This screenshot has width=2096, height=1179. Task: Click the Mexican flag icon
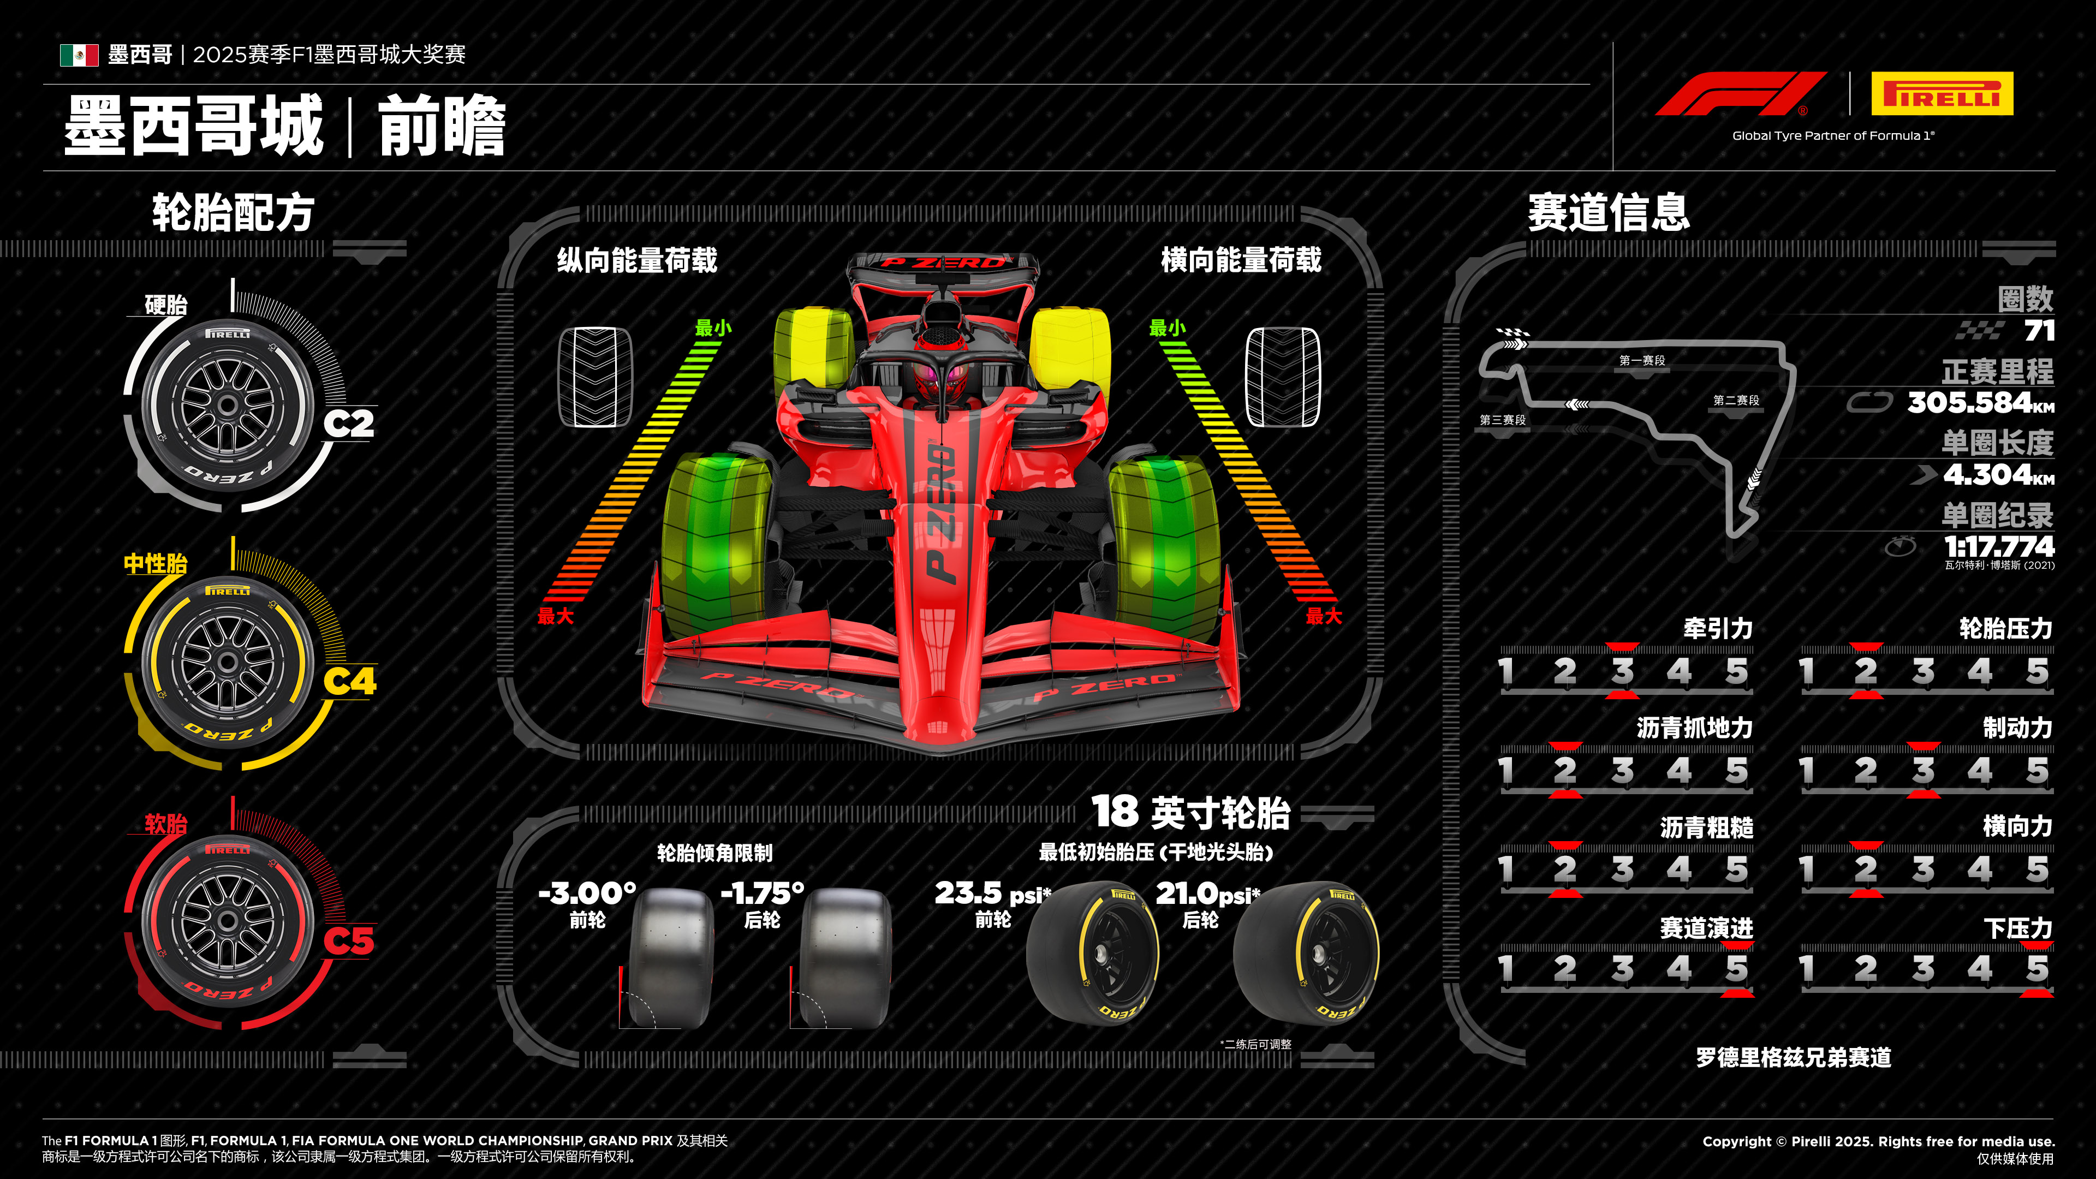[79, 55]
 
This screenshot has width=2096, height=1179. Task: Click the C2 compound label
[349, 423]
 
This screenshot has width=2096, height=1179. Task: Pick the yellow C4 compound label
[350, 681]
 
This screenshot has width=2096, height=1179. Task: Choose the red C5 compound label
[349, 940]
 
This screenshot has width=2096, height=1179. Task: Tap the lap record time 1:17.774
[1998, 545]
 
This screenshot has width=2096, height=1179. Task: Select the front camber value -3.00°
[587, 894]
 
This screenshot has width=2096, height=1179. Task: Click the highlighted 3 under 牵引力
[1622, 671]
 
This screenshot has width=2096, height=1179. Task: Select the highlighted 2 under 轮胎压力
[1866, 671]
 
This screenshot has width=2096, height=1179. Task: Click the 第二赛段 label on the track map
[1736, 400]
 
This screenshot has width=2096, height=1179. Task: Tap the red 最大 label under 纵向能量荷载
[556, 616]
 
